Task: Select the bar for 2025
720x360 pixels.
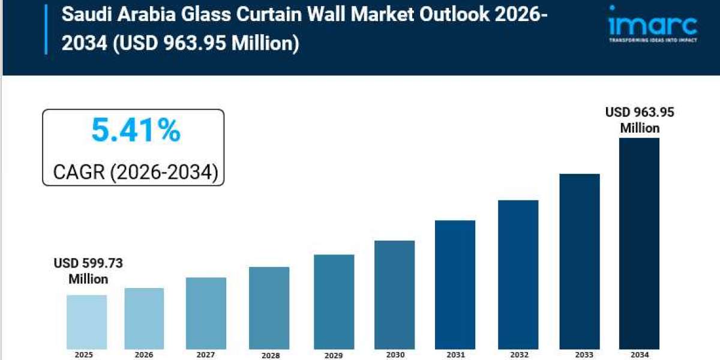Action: [x=86, y=322]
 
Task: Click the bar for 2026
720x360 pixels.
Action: [x=144, y=318]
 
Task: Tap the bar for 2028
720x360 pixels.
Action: [x=269, y=307]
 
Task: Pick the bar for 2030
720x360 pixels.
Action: [x=394, y=294]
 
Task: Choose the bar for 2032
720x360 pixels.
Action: [x=518, y=274]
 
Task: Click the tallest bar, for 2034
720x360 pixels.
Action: [x=639, y=243]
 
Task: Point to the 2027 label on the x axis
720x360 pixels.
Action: [x=205, y=355]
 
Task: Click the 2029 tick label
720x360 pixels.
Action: [x=334, y=355]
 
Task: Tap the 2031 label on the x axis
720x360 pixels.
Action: [x=455, y=355]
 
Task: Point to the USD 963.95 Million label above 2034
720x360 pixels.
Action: [x=639, y=120]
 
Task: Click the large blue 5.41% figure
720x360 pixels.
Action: [x=136, y=131]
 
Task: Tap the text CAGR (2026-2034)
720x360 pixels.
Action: [x=135, y=172]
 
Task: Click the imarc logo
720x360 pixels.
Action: [x=652, y=24]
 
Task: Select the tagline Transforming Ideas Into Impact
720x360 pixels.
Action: [x=652, y=40]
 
